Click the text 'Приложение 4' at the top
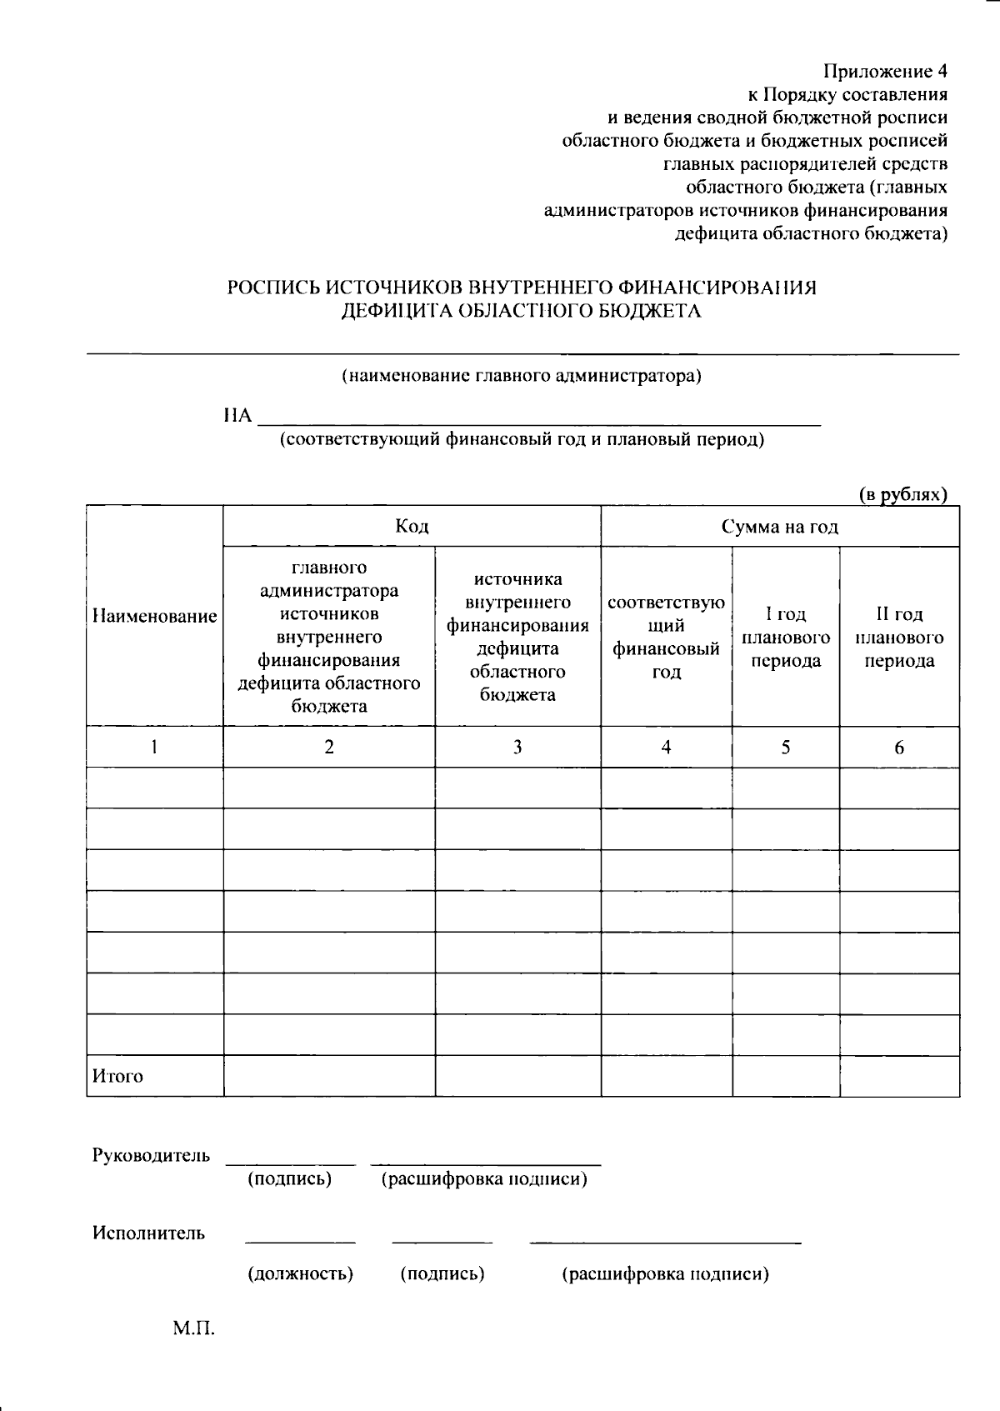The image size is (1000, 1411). pos(885,71)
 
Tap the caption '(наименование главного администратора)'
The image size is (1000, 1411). pos(522,376)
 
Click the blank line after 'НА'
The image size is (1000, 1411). pos(538,417)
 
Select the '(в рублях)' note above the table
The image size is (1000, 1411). pos(903,495)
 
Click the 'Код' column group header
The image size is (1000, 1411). pos(412,527)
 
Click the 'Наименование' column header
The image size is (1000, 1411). pos(155,617)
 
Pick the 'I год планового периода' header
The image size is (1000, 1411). pos(786,638)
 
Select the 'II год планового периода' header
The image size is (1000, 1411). pos(899,638)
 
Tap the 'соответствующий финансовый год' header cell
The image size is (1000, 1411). pos(666,638)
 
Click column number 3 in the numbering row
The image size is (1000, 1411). pos(517,748)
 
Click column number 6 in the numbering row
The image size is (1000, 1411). pos(899,748)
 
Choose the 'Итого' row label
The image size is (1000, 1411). pos(117,1077)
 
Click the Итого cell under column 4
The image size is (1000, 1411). pos(666,1076)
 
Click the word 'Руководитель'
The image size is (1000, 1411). pos(151,1156)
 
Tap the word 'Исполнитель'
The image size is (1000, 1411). pos(148,1233)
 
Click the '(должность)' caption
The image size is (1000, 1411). pos(300,1274)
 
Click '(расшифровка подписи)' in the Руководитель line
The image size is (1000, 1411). pos(483,1180)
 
